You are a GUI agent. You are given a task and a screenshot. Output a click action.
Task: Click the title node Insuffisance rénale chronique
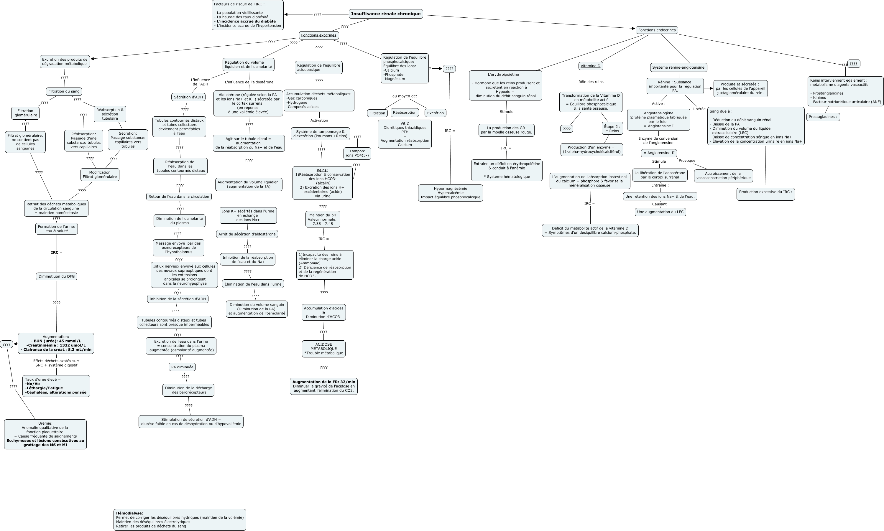(x=386, y=14)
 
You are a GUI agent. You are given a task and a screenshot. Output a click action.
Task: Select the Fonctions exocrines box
(x=319, y=35)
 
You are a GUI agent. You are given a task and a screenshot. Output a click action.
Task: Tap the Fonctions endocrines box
(x=657, y=30)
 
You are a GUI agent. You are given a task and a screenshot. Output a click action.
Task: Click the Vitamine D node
(x=590, y=66)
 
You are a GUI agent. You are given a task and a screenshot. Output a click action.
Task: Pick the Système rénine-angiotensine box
(x=678, y=67)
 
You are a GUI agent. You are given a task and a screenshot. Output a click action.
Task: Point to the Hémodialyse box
(x=180, y=520)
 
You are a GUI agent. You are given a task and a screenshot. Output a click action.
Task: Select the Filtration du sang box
(x=64, y=91)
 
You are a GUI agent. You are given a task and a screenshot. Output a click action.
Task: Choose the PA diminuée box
(x=182, y=367)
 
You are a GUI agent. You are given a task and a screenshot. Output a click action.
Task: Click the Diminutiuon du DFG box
(x=57, y=276)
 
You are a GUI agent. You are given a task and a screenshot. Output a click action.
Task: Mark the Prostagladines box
(x=824, y=117)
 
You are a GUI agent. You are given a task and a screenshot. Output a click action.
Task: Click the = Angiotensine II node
(x=659, y=153)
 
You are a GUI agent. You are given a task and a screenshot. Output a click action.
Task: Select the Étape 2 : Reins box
(x=612, y=128)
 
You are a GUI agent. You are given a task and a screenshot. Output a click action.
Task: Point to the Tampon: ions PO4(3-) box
(x=357, y=153)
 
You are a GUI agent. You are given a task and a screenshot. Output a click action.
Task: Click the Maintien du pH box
(x=323, y=219)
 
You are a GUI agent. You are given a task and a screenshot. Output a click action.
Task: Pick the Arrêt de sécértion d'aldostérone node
(x=247, y=234)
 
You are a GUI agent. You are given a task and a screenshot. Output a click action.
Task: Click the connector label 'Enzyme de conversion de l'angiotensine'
(x=658, y=140)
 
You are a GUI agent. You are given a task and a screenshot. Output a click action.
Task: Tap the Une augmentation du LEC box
(x=660, y=212)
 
